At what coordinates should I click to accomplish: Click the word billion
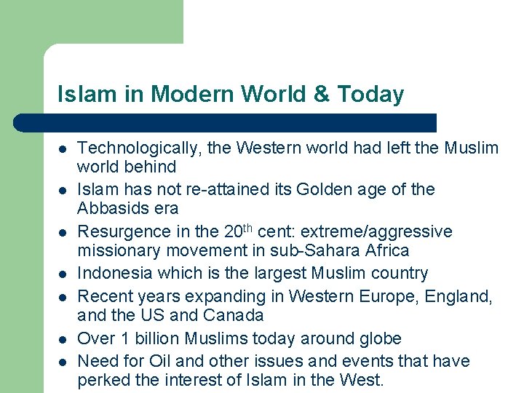[154, 338]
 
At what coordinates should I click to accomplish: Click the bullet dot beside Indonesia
[63, 274]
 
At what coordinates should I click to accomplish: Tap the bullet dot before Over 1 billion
[63, 340]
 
